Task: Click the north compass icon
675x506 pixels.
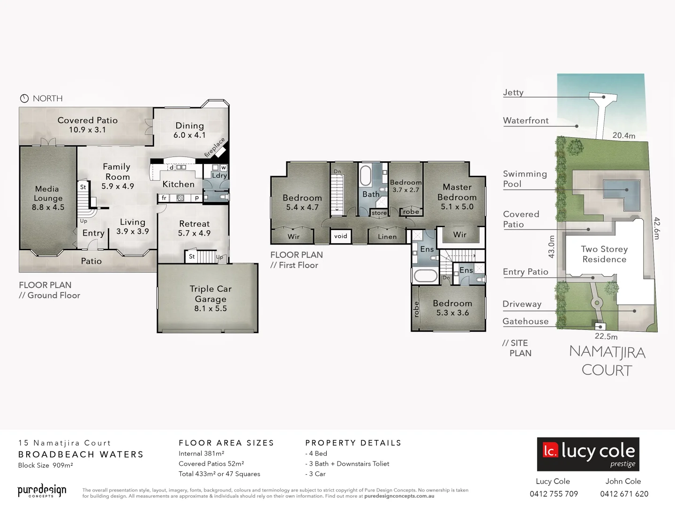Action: (24, 98)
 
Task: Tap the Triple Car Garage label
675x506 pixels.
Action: (210, 298)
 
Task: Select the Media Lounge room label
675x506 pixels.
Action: (48, 198)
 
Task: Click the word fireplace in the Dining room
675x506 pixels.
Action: (215, 147)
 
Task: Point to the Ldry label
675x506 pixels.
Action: (219, 176)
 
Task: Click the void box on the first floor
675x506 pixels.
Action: (341, 236)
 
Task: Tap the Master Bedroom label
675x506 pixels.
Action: (457, 197)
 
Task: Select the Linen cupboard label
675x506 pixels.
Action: (387, 237)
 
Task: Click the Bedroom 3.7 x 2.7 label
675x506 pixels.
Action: (406, 186)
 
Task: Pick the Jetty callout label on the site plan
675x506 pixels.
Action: (513, 92)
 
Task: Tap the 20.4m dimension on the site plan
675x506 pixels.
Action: (624, 135)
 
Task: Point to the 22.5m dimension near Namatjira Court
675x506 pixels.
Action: (606, 336)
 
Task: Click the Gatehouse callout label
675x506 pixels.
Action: (525, 321)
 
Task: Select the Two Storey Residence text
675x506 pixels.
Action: (604, 254)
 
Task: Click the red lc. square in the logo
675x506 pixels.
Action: (550, 450)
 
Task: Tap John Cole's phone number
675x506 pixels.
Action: (624, 494)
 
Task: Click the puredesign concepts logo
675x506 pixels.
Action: (42, 491)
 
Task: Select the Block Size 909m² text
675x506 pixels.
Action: (45, 465)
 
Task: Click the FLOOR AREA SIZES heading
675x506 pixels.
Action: (226, 443)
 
